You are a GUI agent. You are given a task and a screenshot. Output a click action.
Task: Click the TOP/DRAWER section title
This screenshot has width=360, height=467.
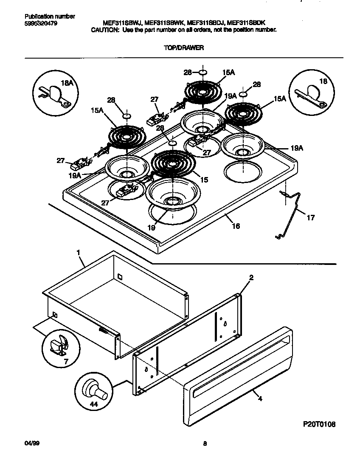point(183,48)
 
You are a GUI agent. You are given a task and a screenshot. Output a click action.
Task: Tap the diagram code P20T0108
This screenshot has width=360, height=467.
point(319,424)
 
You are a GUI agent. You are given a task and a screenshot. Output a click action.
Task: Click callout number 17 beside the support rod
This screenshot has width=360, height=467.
point(311,218)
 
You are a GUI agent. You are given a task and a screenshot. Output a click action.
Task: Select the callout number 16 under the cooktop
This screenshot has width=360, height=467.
point(236,226)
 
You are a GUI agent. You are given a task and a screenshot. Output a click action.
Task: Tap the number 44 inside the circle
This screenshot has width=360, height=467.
point(94,405)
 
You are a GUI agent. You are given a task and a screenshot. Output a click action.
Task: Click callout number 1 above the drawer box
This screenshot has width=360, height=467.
point(78,252)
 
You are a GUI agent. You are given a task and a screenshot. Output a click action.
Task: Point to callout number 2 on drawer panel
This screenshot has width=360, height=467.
point(251,278)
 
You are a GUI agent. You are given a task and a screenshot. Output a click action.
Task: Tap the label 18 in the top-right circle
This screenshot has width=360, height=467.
point(323,81)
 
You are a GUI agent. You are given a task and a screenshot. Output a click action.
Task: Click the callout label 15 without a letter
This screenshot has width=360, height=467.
point(204,180)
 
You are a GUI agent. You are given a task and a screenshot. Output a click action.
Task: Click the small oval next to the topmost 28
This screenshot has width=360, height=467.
point(203,72)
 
